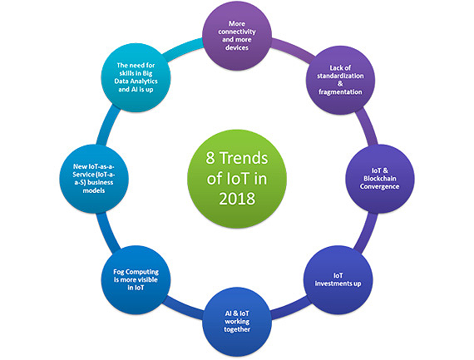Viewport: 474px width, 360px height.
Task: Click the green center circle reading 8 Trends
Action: (x=237, y=179)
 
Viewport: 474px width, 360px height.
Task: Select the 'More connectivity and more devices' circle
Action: (x=237, y=36)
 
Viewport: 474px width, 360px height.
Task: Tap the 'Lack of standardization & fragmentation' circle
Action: (x=340, y=80)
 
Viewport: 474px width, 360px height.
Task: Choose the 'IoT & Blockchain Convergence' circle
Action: (x=380, y=179)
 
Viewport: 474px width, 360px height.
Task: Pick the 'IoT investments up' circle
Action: (x=338, y=279)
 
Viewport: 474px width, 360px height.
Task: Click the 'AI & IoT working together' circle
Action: (x=237, y=322)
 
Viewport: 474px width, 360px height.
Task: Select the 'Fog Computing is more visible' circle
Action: (x=136, y=279)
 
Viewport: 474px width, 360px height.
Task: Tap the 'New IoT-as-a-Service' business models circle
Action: (x=94, y=179)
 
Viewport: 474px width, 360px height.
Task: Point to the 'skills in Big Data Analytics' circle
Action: (x=136, y=77)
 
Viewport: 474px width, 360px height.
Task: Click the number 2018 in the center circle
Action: (x=237, y=199)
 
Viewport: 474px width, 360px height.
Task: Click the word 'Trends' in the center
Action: (x=244, y=158)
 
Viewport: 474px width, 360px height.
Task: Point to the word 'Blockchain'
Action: (x=380, y=179)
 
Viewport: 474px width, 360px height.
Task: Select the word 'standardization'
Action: (x=340, y=76)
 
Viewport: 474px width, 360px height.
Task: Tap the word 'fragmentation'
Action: (x=340, y=92)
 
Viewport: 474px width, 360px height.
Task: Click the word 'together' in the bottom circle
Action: (x=237, y=329)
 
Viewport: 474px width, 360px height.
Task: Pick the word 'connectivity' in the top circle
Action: (x=237, y=32)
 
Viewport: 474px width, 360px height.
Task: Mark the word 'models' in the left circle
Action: (x=94, y=190)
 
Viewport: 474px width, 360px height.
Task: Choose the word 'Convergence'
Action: (x=380, y=186)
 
